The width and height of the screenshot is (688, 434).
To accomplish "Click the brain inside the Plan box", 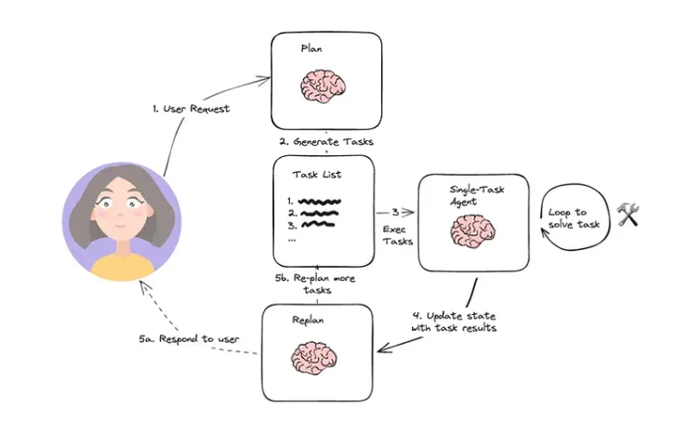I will pyautogui.click(x=325, y=86).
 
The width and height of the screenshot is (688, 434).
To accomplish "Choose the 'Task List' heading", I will pyautogui.click(x=319, y=174).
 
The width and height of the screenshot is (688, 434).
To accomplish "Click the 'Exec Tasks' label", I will pyautogui.click(x=398, y=234).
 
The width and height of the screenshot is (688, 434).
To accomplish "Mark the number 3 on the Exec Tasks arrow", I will pyautogui.click(x=395, y=211).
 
